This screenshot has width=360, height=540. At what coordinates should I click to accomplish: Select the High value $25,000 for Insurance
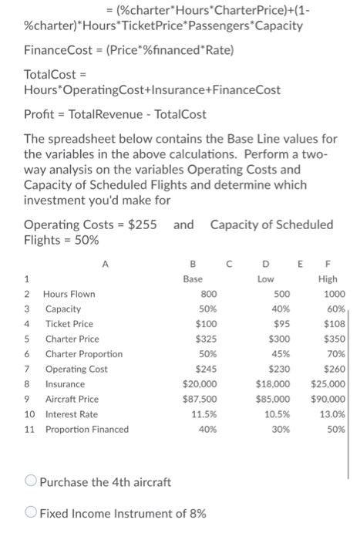[328, 383]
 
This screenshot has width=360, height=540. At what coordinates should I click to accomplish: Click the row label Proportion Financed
[86, 429]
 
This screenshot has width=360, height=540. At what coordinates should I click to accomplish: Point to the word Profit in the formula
[40, 113]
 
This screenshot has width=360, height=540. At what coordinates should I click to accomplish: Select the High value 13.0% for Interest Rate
[333, 413]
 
